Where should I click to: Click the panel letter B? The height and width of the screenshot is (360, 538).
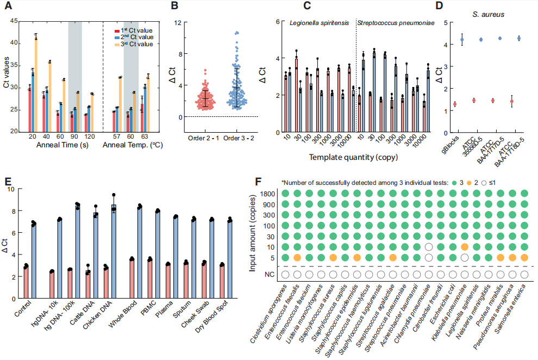coord(174,7)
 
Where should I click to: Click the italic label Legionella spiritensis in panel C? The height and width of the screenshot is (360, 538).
coord(321,24)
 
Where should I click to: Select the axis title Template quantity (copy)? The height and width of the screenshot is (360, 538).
coord(353,157)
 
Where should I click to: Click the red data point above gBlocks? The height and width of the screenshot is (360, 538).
coord(454,104)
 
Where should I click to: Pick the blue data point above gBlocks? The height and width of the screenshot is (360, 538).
coord(462,40)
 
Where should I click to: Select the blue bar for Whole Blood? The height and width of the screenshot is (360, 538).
coord(140,252)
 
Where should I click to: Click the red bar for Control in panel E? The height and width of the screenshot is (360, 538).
coord(25,282)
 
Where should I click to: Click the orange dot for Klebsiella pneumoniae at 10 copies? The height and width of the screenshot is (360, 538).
coord(464,247)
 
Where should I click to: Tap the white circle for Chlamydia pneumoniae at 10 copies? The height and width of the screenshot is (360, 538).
coord(429,247)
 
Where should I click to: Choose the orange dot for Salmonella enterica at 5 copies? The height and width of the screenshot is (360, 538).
coord(524,257)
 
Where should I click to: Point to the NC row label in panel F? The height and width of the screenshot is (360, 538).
coord(269,275)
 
